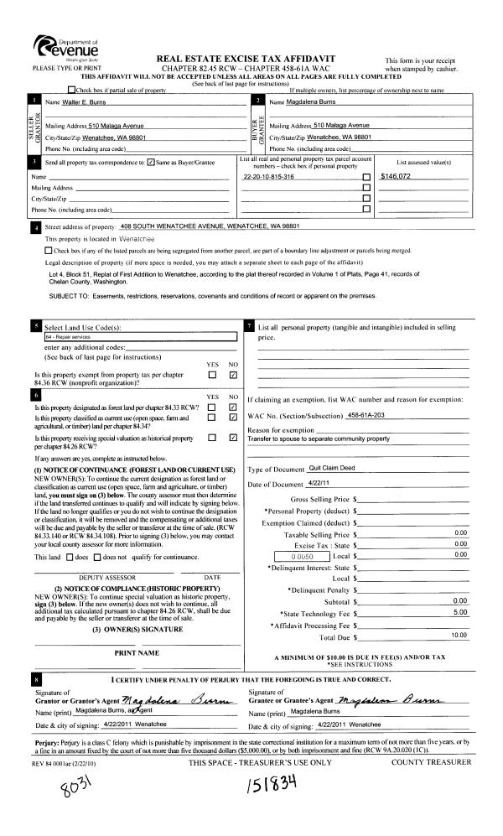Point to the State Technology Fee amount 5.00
[x=459, y=589]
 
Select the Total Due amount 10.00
[x=459, y=612]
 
